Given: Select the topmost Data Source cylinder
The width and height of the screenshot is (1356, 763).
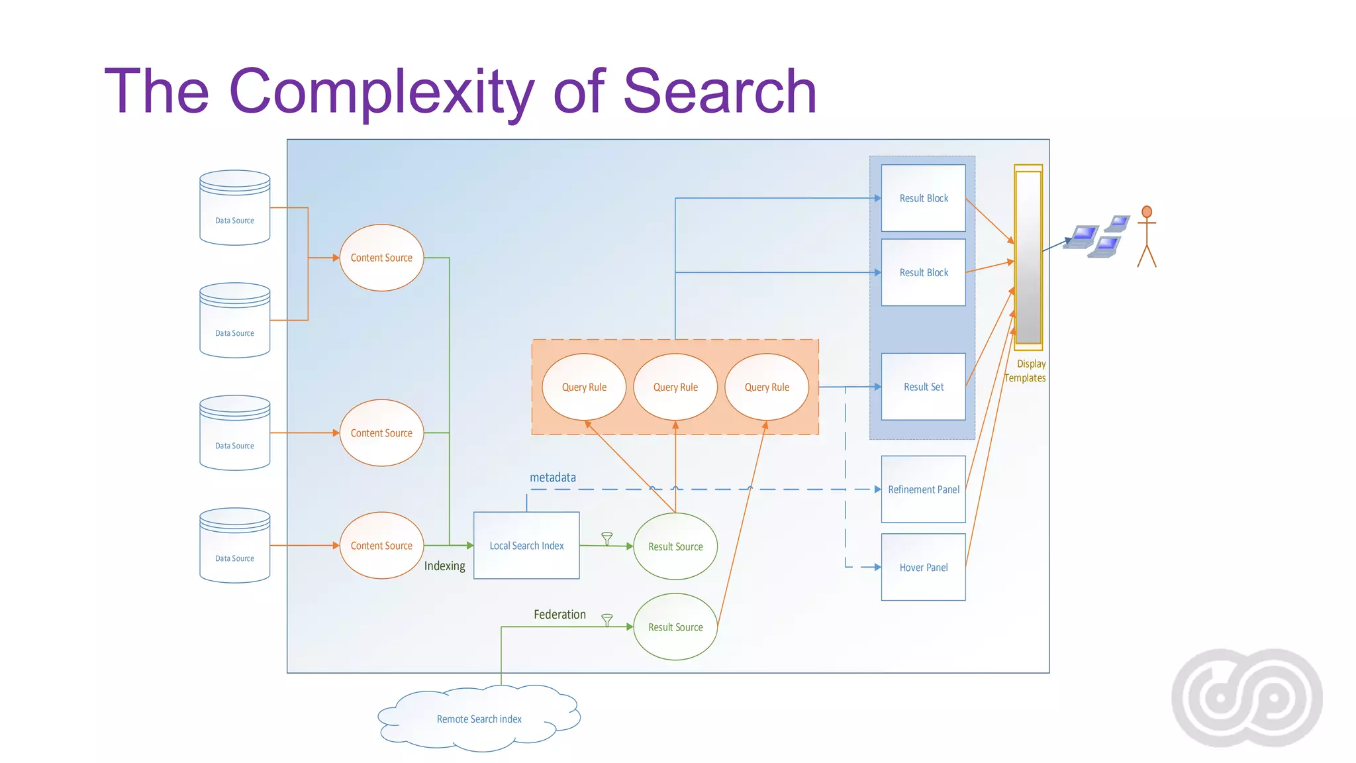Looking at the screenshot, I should (x=235, y=208).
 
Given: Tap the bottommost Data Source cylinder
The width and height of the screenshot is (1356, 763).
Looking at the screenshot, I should (x=235, y=546).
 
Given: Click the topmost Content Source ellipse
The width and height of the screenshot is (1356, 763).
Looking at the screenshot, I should (x=381, y=258).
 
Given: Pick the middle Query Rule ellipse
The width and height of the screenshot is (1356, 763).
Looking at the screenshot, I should (x=675, y=387).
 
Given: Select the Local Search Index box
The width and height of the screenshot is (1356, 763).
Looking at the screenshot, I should (x=526, y=546).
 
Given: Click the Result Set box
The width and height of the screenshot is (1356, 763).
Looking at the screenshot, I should (x=923, y=387).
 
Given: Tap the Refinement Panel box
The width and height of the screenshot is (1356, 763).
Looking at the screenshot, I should (x=923, y=489).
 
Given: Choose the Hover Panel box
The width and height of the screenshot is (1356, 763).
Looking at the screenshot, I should (x=923, y=568).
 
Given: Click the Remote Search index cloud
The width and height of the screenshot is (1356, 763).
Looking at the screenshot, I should (x=479, y=719).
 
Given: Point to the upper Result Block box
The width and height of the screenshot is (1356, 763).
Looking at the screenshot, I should (x=923, y=198).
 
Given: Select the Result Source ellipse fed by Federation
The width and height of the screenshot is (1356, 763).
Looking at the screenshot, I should (x=675, y=627).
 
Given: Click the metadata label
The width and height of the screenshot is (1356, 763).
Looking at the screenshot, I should (x=553, y=478).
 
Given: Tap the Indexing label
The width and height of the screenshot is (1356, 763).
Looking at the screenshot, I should (x=444, y=566).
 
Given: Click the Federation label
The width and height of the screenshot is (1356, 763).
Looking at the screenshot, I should (x=559, y=615).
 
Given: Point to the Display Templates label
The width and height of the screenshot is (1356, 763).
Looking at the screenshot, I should (x=1026, y=371).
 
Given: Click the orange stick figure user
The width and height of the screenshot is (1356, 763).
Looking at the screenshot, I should (x=1147, y=236).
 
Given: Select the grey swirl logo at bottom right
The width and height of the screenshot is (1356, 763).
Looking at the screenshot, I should (x=1247, y=698).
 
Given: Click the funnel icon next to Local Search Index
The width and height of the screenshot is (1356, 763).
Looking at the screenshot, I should (x=606, y=538).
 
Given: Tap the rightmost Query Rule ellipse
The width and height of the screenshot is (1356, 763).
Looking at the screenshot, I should (x=767, y=387).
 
